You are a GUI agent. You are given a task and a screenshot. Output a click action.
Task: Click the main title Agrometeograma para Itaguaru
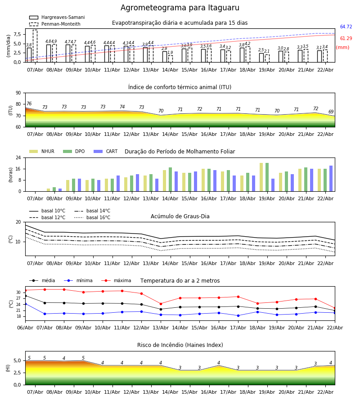click(180, 8)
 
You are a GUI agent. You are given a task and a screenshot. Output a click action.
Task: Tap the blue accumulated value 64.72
click(346, 27)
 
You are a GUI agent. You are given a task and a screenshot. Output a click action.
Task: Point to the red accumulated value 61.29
click(346, 39)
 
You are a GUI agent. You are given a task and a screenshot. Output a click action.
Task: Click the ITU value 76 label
click(29, 104)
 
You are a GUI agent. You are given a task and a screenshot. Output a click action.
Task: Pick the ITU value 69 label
click(331, 112)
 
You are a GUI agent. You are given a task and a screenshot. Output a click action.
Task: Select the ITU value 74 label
click(122, 107)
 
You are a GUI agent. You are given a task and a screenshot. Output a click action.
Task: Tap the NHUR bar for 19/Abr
click(261, 177)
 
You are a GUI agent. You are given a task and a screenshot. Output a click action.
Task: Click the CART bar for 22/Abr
click(331, 178)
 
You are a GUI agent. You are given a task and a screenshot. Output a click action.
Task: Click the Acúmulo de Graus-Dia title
click(180, 216)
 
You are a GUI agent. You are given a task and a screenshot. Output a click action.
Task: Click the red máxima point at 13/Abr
click(161, 304)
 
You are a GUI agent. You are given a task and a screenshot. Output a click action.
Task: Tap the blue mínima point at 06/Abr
click(25, 304)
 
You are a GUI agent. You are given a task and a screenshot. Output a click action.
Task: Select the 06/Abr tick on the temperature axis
click(25, 327)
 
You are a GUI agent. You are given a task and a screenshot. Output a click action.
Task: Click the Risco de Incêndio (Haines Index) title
click(180, 345)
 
